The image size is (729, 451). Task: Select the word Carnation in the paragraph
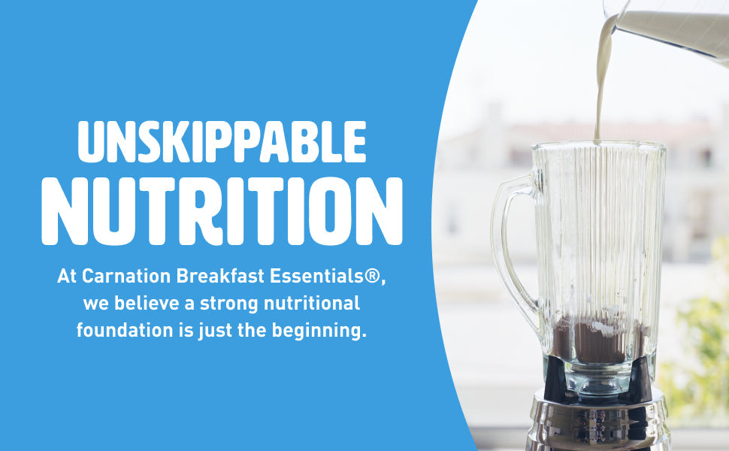[126, 276]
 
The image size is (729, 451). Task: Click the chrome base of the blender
[601, 421]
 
